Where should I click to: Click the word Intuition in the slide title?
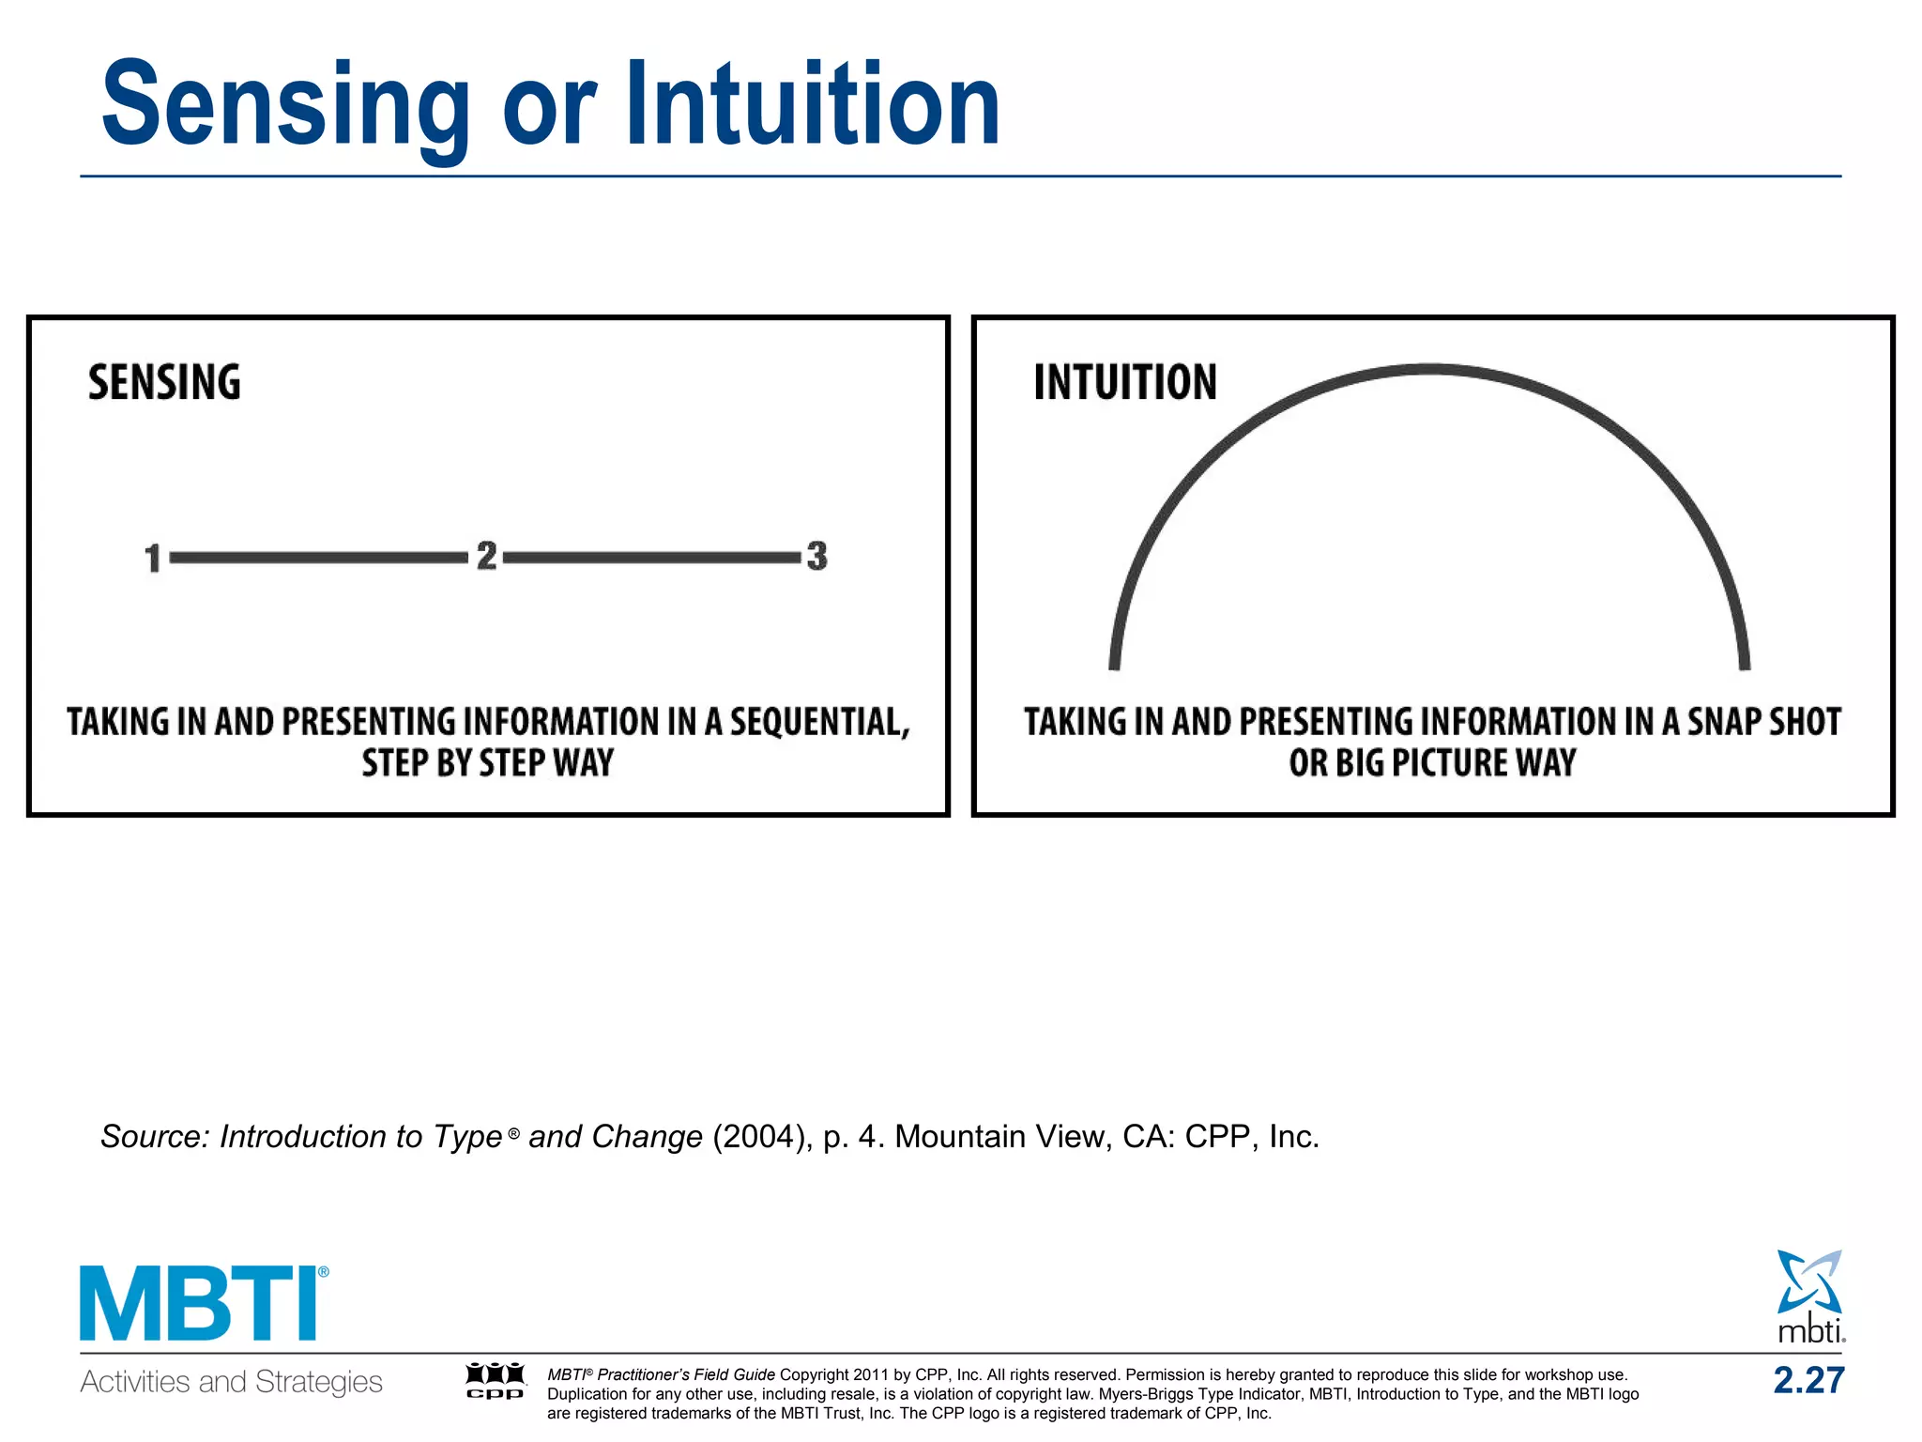[813, 103]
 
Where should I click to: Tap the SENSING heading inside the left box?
[164, 383]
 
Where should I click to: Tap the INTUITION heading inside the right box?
[1124, 383]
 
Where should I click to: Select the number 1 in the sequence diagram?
[153, 558]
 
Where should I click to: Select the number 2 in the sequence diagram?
[486, 556]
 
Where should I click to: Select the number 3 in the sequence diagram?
[816, 556]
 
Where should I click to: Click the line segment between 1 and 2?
[319, 558]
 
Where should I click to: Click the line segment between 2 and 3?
[652, 558]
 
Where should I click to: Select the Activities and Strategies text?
[231, 1382]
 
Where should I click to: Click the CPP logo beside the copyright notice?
[496, 1381]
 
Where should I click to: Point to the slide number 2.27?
[1808, 1380]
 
